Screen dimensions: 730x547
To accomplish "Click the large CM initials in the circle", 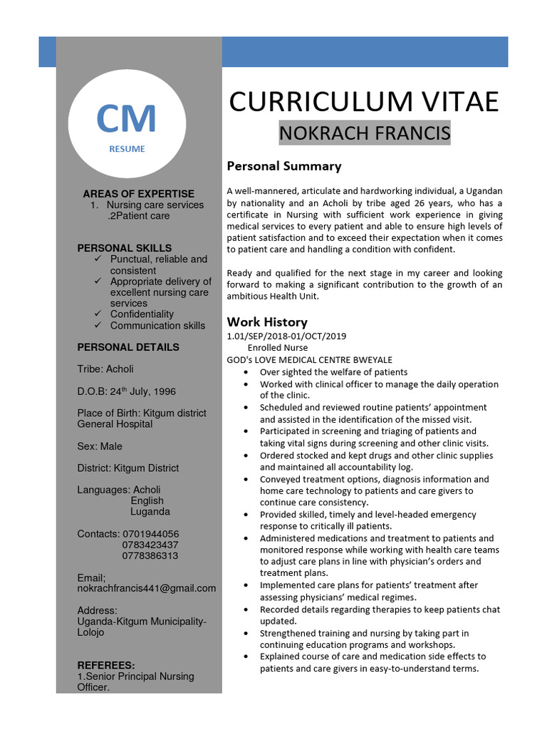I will click(x=127, y=119).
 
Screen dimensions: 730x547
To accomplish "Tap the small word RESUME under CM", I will click(x=127, y=149).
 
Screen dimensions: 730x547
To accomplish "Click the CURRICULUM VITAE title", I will click(x=364, y=102).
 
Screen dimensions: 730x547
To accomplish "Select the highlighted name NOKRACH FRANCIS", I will click(x=364, y=133).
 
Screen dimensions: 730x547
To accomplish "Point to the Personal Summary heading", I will click(x=283, y=166).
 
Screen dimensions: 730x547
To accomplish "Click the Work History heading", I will click(x=266, y=322).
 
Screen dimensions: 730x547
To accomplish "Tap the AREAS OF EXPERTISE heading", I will click(x=138, y=193).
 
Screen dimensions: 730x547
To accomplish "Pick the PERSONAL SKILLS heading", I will click(x=124, y=248).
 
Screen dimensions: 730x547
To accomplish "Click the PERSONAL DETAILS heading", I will click(x=128, y=347).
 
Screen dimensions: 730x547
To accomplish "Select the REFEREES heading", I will click(x=105, y=665).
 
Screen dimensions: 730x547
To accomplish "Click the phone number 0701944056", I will click(x=150, y=534).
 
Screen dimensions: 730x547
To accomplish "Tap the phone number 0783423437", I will click(x=150, y=545).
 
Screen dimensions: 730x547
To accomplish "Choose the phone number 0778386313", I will click(x=150, y=555).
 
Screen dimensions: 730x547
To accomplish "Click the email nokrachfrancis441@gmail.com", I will click(x=146, y=588).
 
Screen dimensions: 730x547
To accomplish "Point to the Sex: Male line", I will click(x=100, y=446).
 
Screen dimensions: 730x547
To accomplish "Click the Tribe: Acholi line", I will click(x=105, y=369).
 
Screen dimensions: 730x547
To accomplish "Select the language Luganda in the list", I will click(x=150, y=511).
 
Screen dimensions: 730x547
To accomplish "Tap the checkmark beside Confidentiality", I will click(x=99, y=314).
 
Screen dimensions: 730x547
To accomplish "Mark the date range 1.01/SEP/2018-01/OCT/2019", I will click(x=286, y=336).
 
